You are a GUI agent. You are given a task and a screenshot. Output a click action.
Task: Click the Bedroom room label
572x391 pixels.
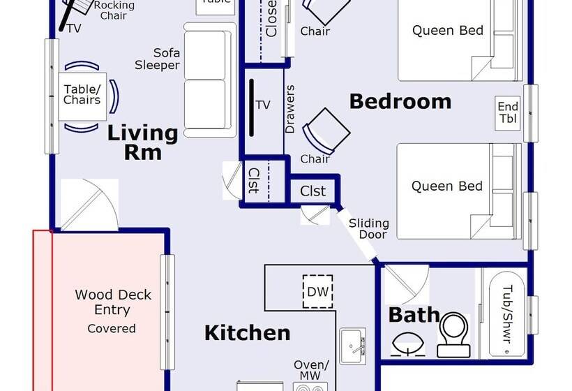tap(400, 101)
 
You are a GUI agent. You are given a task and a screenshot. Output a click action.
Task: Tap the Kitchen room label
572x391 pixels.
tap(247, 333)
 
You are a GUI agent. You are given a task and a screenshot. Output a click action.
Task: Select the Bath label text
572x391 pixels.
tap(414, 315)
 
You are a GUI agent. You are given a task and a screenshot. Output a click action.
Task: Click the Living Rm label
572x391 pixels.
tap(142, 142)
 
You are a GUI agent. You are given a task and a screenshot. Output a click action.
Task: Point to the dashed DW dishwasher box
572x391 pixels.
tap(317, 291)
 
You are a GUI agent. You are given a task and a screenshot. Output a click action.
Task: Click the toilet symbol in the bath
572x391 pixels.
tap(456, 334)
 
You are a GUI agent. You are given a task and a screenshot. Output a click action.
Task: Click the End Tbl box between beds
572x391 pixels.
tap(507, 112)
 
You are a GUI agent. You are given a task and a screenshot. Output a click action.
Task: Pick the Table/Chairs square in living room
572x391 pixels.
tap(82, 95)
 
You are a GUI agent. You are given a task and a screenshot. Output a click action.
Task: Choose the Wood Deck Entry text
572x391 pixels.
tap(112, 302)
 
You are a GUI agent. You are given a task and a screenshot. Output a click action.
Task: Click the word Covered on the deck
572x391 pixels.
tap(112, 328)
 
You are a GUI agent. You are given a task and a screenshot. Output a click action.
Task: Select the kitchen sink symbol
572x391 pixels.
tap(352, 344)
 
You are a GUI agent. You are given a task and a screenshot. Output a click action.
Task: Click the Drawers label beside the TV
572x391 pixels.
tap(290, 110)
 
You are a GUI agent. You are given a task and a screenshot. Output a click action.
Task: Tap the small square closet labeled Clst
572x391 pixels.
tap(313, 191)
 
